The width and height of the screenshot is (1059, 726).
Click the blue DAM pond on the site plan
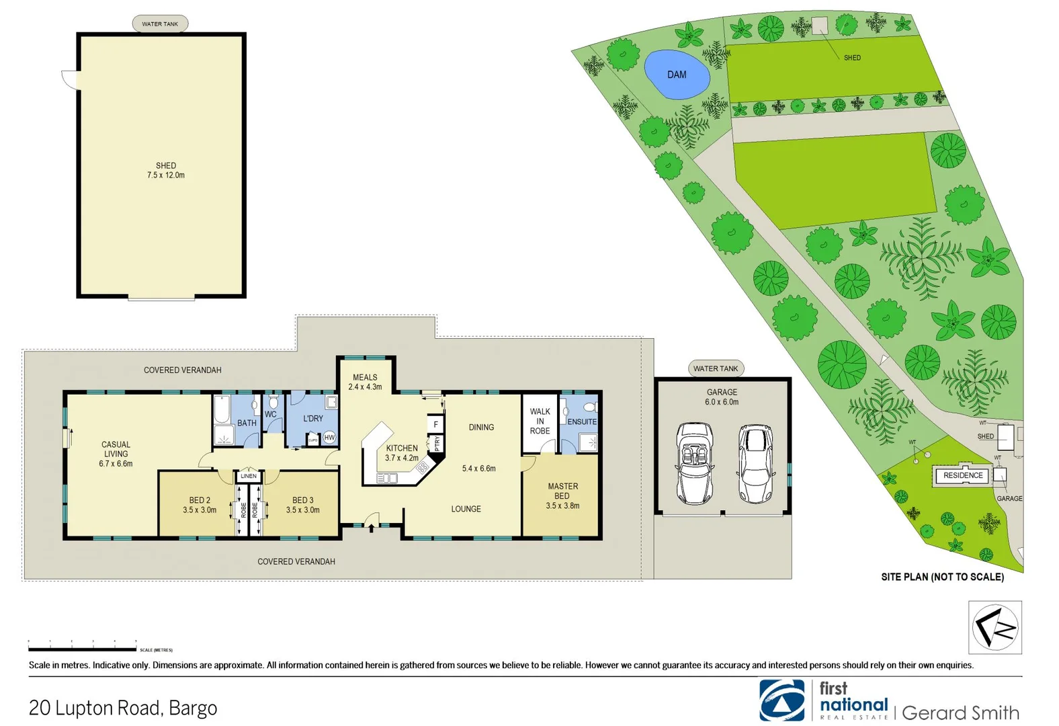click(677, 75)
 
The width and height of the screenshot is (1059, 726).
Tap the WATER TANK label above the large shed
click(160, 24)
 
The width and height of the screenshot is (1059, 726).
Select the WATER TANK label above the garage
click(716, 368)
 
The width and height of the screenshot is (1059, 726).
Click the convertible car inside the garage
click(695, 463)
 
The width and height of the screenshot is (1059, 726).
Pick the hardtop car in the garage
click(755, 463)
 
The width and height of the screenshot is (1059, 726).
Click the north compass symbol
click(995, 627)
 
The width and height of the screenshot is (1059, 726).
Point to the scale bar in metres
click(82, 649)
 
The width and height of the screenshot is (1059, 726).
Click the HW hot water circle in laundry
click(329, 438)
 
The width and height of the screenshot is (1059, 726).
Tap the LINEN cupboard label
click(249, 476)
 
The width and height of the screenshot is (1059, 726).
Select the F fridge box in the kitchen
click(435, 424)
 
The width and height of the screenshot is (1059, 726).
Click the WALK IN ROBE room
click(540, 421)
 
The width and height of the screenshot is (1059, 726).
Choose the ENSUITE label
click(582, 422)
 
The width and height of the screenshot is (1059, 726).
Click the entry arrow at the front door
click(371, 528)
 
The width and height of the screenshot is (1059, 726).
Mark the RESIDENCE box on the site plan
click(963, 475)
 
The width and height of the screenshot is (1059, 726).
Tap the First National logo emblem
click(781, 700)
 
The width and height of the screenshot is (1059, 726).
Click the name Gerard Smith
click(960, 713)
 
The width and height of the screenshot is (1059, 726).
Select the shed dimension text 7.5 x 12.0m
click(166, 175)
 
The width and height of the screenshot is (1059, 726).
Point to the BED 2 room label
click(200, 500)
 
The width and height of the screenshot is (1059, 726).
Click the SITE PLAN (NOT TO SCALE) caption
click(942, 577)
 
